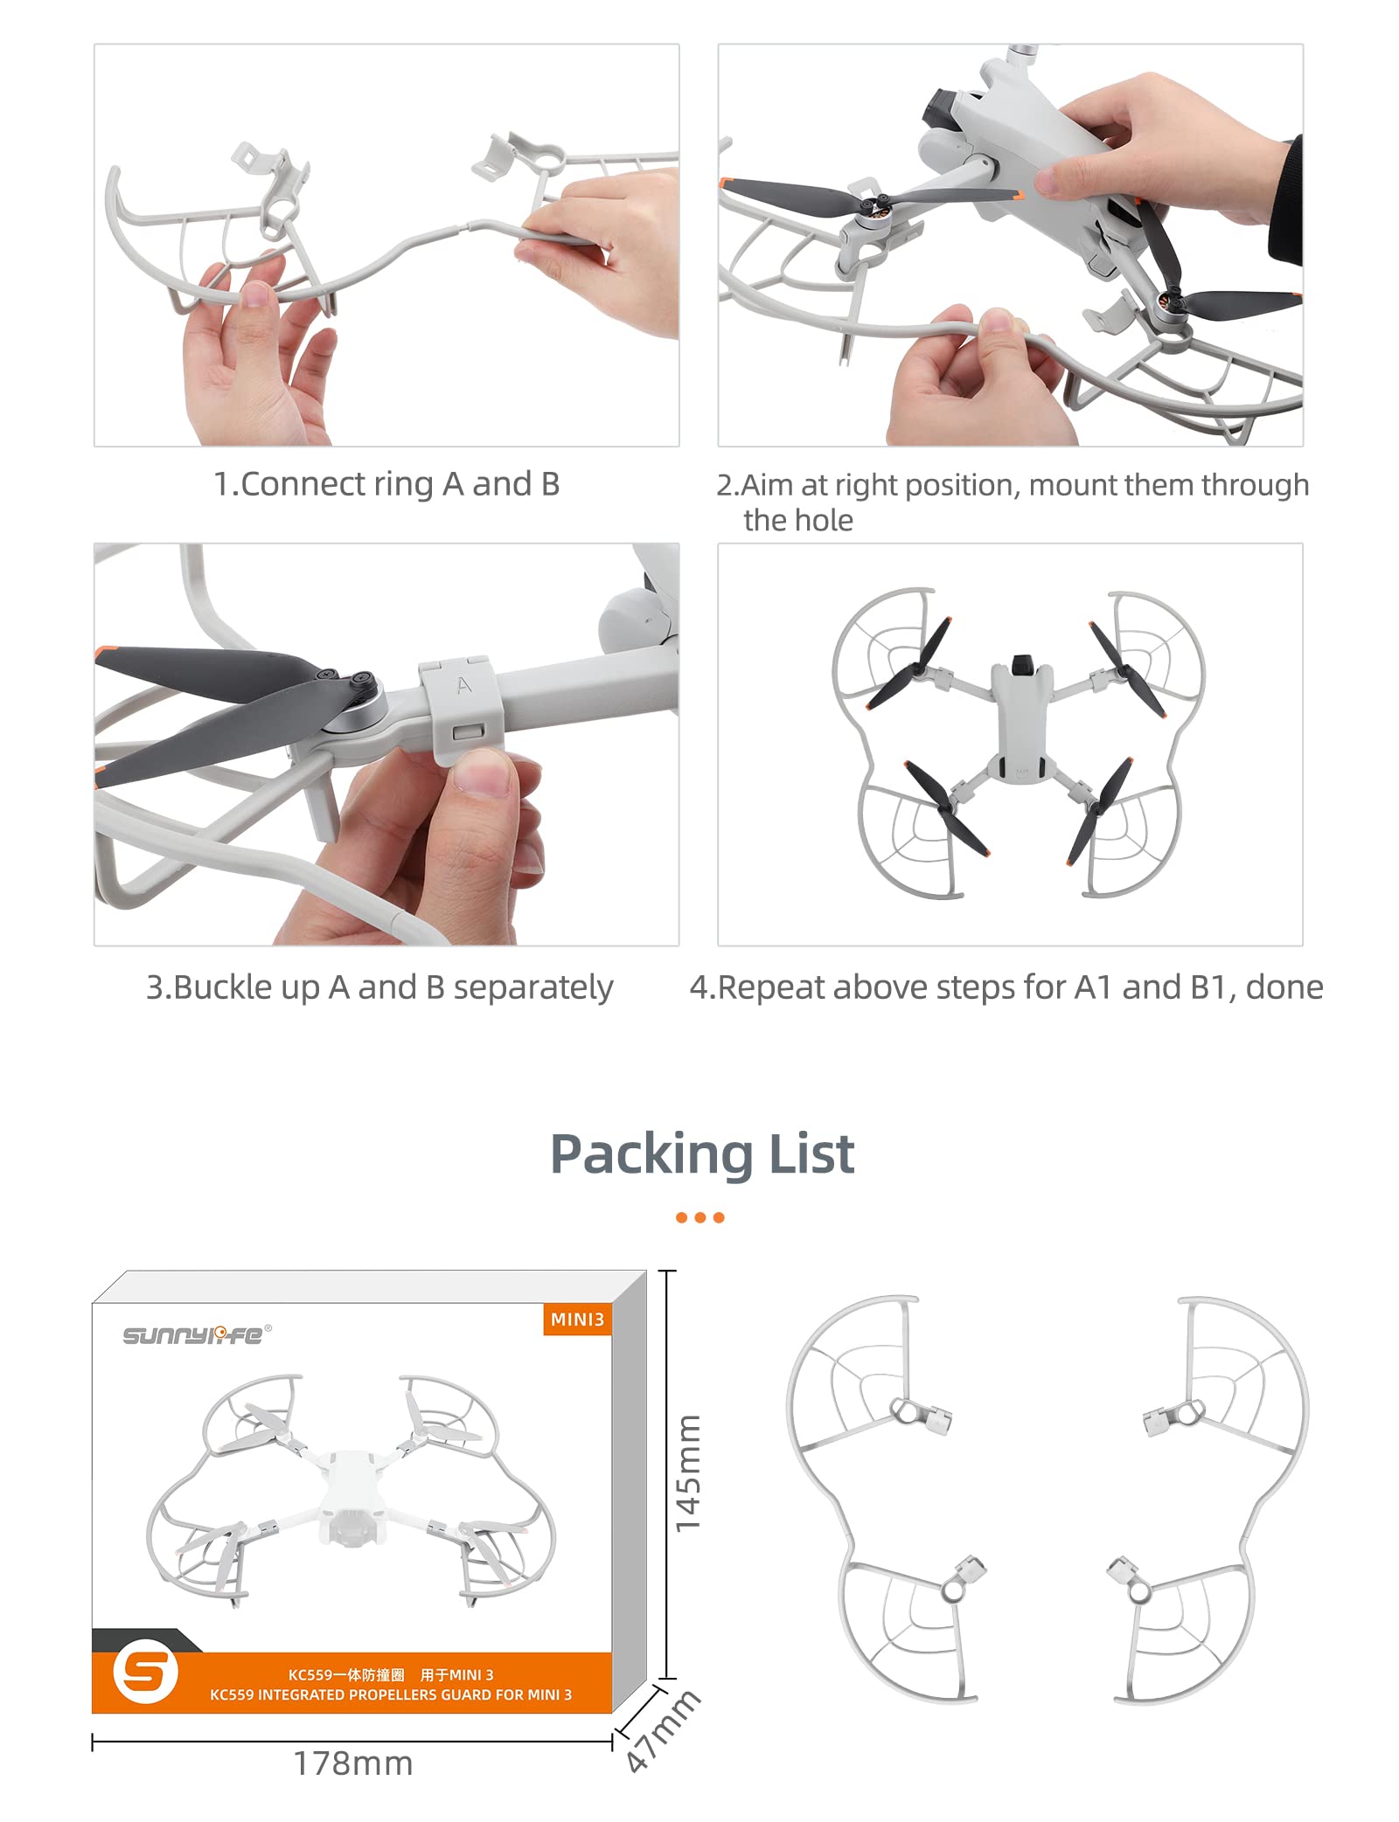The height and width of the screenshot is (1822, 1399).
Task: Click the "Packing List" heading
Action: click(701, 1153)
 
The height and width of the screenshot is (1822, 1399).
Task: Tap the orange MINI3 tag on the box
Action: click(577, 1320)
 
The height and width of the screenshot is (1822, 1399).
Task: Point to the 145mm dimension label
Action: click(688, 1473)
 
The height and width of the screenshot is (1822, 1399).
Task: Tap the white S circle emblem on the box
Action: click(145, 1673)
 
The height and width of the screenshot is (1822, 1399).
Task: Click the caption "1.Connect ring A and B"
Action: click(386, 484)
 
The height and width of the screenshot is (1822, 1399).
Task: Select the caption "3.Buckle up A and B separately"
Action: click(379, 987)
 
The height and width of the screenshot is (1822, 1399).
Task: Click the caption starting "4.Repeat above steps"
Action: click(1006, 987)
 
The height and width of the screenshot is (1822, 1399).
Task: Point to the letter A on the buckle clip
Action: click(463, 685)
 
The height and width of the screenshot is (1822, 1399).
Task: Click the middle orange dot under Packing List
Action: click(700, 1217)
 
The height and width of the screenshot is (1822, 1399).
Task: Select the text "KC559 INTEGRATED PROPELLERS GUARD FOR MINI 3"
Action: click(391, 1694)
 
